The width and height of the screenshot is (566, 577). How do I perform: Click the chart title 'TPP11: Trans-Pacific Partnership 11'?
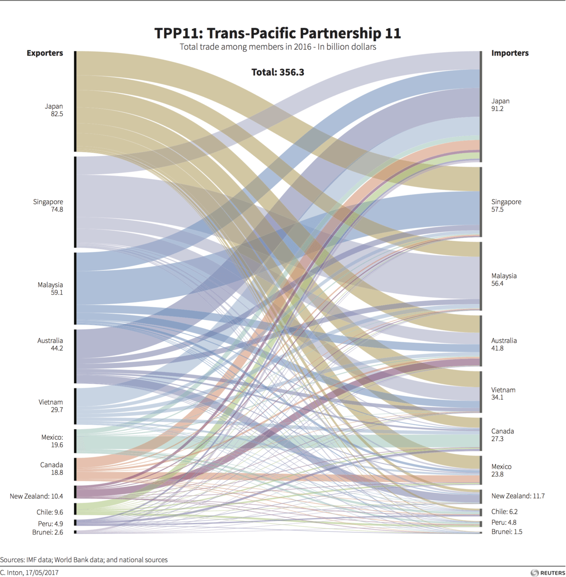(277, 33)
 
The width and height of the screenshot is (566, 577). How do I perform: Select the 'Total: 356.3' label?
(277, 72)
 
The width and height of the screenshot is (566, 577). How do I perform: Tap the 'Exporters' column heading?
(44, 53)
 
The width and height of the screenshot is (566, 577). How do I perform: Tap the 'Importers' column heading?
(510, 53)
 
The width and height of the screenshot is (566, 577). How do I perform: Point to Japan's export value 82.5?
(56, 114)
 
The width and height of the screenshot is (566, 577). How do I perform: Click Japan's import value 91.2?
(497, 109)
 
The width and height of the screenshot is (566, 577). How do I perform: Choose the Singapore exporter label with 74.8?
(48, 205)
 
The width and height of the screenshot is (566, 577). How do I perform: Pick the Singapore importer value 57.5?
(497, 210)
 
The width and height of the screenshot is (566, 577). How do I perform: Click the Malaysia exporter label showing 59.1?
(50, 288)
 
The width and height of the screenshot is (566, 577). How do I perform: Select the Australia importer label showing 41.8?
(504, 344)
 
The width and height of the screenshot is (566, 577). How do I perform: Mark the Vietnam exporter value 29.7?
(56, 410)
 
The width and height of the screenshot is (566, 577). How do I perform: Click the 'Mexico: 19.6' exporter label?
(52, 441)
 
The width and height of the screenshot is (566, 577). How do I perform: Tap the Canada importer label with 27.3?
(502, 435)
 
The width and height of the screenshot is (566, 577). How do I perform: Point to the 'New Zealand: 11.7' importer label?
(518, 496)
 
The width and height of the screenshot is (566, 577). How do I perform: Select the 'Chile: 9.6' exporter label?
(49, 512)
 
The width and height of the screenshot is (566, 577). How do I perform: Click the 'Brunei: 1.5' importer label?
(507, 532)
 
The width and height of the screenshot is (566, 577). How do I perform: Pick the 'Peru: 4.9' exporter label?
(50, 524)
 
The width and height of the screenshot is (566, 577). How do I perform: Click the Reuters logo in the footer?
(547, 573)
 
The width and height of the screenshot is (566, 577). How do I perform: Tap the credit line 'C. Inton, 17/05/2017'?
(29, 573)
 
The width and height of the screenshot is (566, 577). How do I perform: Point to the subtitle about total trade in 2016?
(277, 47)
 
